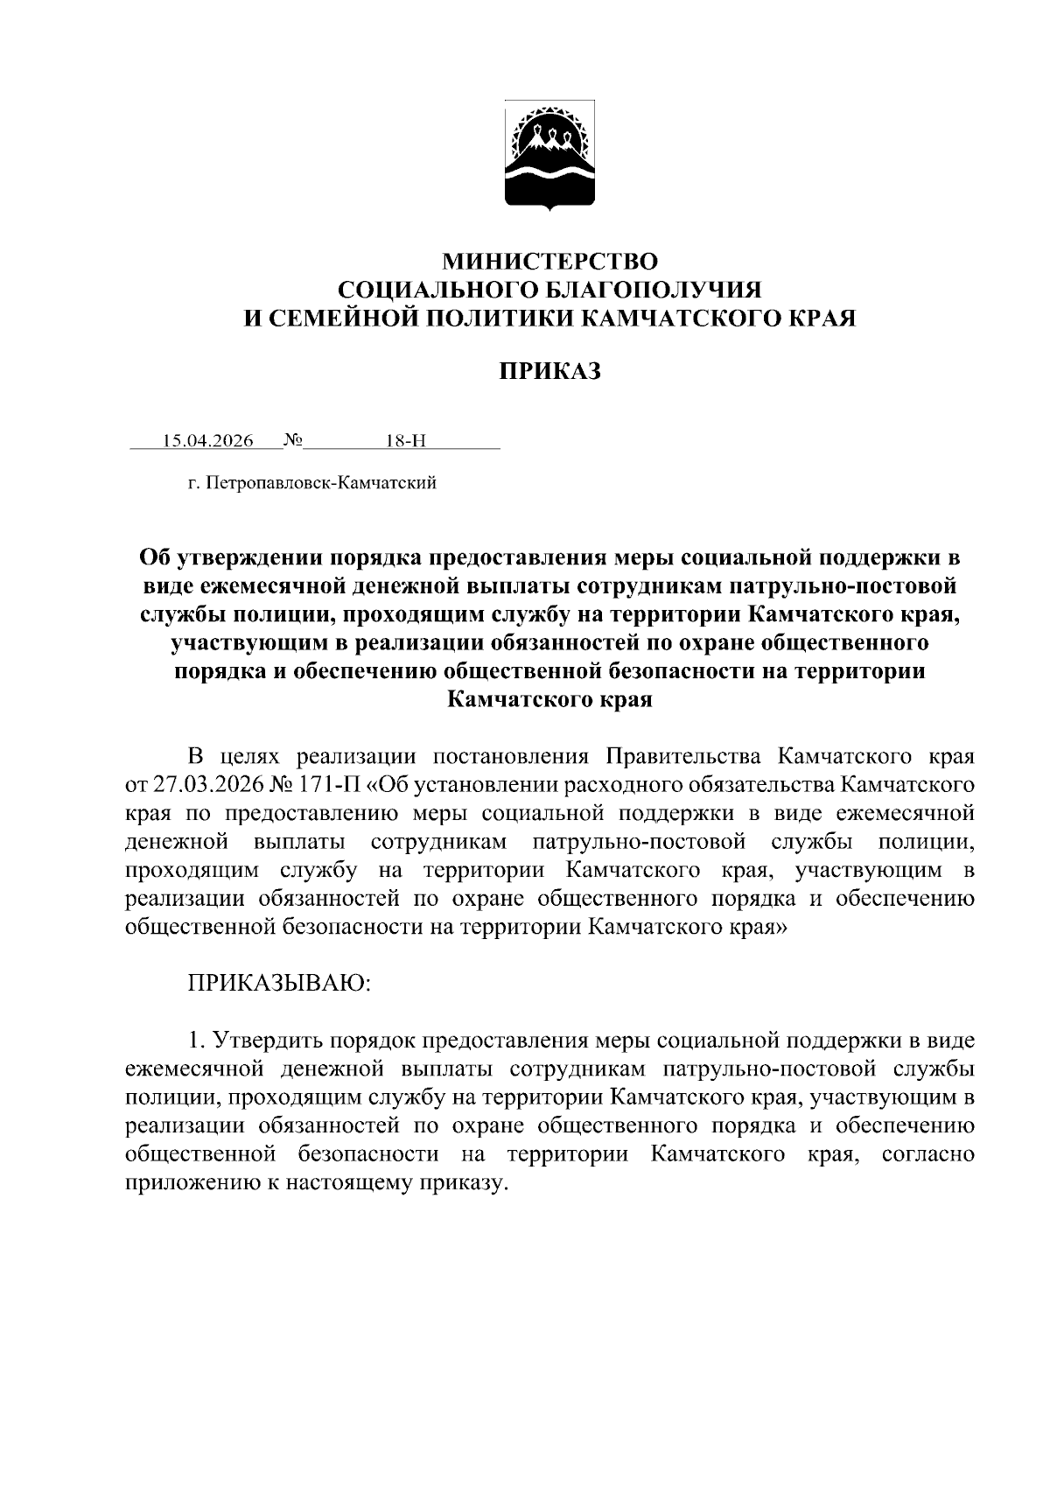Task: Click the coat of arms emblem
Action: click(550, 156)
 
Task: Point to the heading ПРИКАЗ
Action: click(549, 372)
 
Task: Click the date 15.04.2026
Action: click(208, 440)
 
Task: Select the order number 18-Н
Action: click(405, 440)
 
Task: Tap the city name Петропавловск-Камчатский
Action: click(320, 483)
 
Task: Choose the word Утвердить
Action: click(262, 1041)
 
